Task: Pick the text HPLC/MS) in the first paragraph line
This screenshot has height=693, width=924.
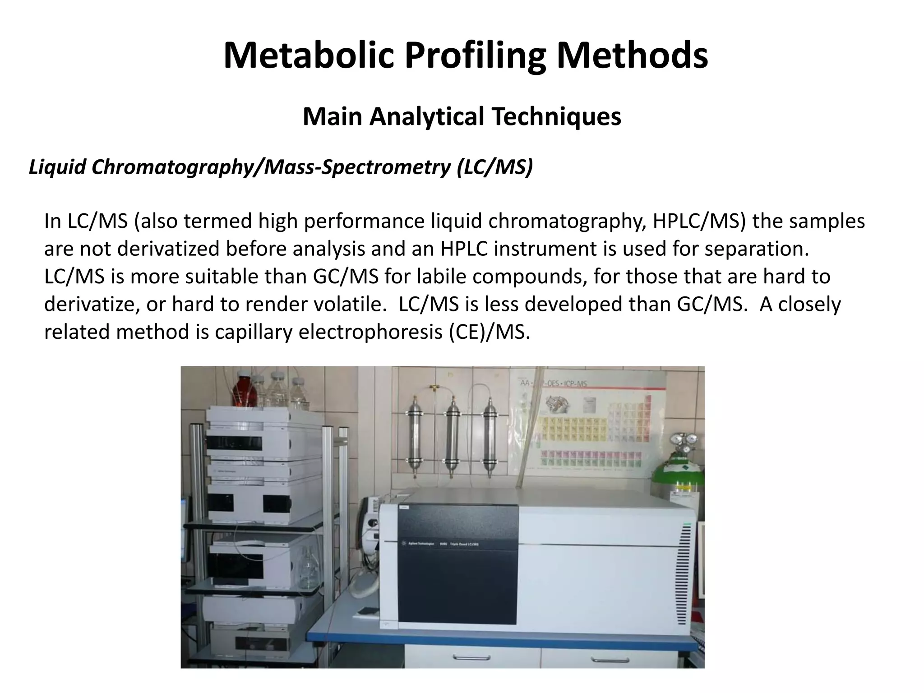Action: (x=699, y=222)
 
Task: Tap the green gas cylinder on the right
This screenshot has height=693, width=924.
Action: (x=688, y=478)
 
